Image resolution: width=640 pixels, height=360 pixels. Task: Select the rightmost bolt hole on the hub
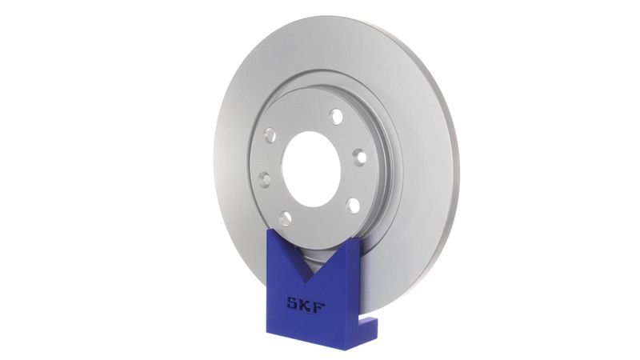(x=359, y=158)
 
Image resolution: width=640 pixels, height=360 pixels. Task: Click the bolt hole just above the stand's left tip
(x=285, y=217)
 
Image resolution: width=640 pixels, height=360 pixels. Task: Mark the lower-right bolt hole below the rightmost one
(x=351, y=205)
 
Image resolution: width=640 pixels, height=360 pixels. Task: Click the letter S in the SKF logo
(x=293, y=306)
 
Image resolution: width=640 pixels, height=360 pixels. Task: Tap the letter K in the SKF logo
(x=306, y=306)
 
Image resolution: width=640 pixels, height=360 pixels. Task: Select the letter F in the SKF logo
(x=319, y=306)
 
